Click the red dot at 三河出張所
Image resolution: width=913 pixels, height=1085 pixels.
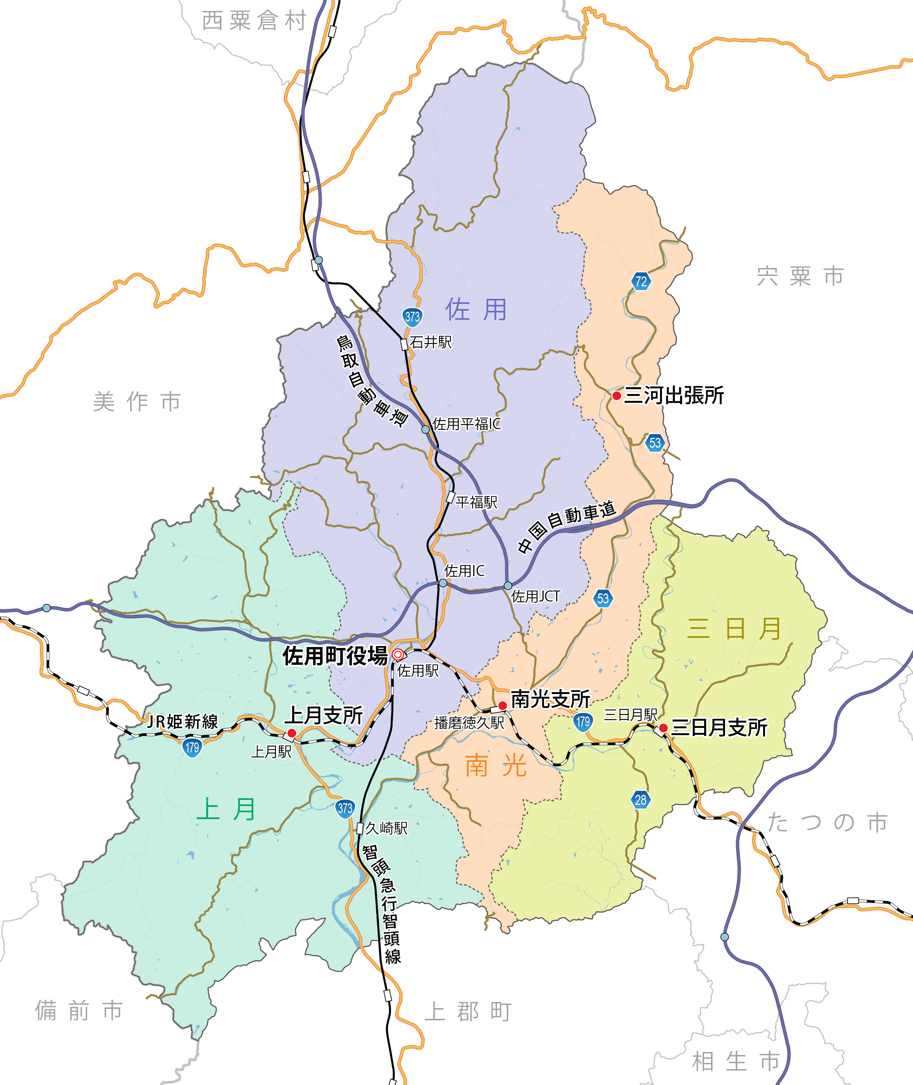[x=616, y=396]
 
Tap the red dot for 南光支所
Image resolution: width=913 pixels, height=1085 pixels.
[x=502, y=705]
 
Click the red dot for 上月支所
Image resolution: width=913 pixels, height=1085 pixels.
[x=291, y=733]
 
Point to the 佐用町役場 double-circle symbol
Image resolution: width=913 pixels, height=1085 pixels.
[x=398, y=655]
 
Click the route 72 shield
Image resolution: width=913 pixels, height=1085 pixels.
[x=641, y=281]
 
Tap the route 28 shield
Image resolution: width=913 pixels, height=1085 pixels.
[x=640, y=799]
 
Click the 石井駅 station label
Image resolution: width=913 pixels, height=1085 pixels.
[x=431, y=342]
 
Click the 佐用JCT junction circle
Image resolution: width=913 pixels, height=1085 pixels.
[x=508, y=586]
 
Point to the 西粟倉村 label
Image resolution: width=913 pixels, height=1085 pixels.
[x=254, y=21]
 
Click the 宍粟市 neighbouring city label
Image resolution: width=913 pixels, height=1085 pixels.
[x=800, y=276]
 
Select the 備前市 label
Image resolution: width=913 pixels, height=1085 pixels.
[x=79, y=1010]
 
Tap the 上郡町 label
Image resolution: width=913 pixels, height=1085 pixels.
[x=468, y=1012]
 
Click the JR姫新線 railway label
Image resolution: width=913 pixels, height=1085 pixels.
[x=183, y=721]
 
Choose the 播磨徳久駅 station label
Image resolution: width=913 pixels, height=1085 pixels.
[x=469, y=723]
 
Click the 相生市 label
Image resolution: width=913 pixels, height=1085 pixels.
[x=736, y=1061]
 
